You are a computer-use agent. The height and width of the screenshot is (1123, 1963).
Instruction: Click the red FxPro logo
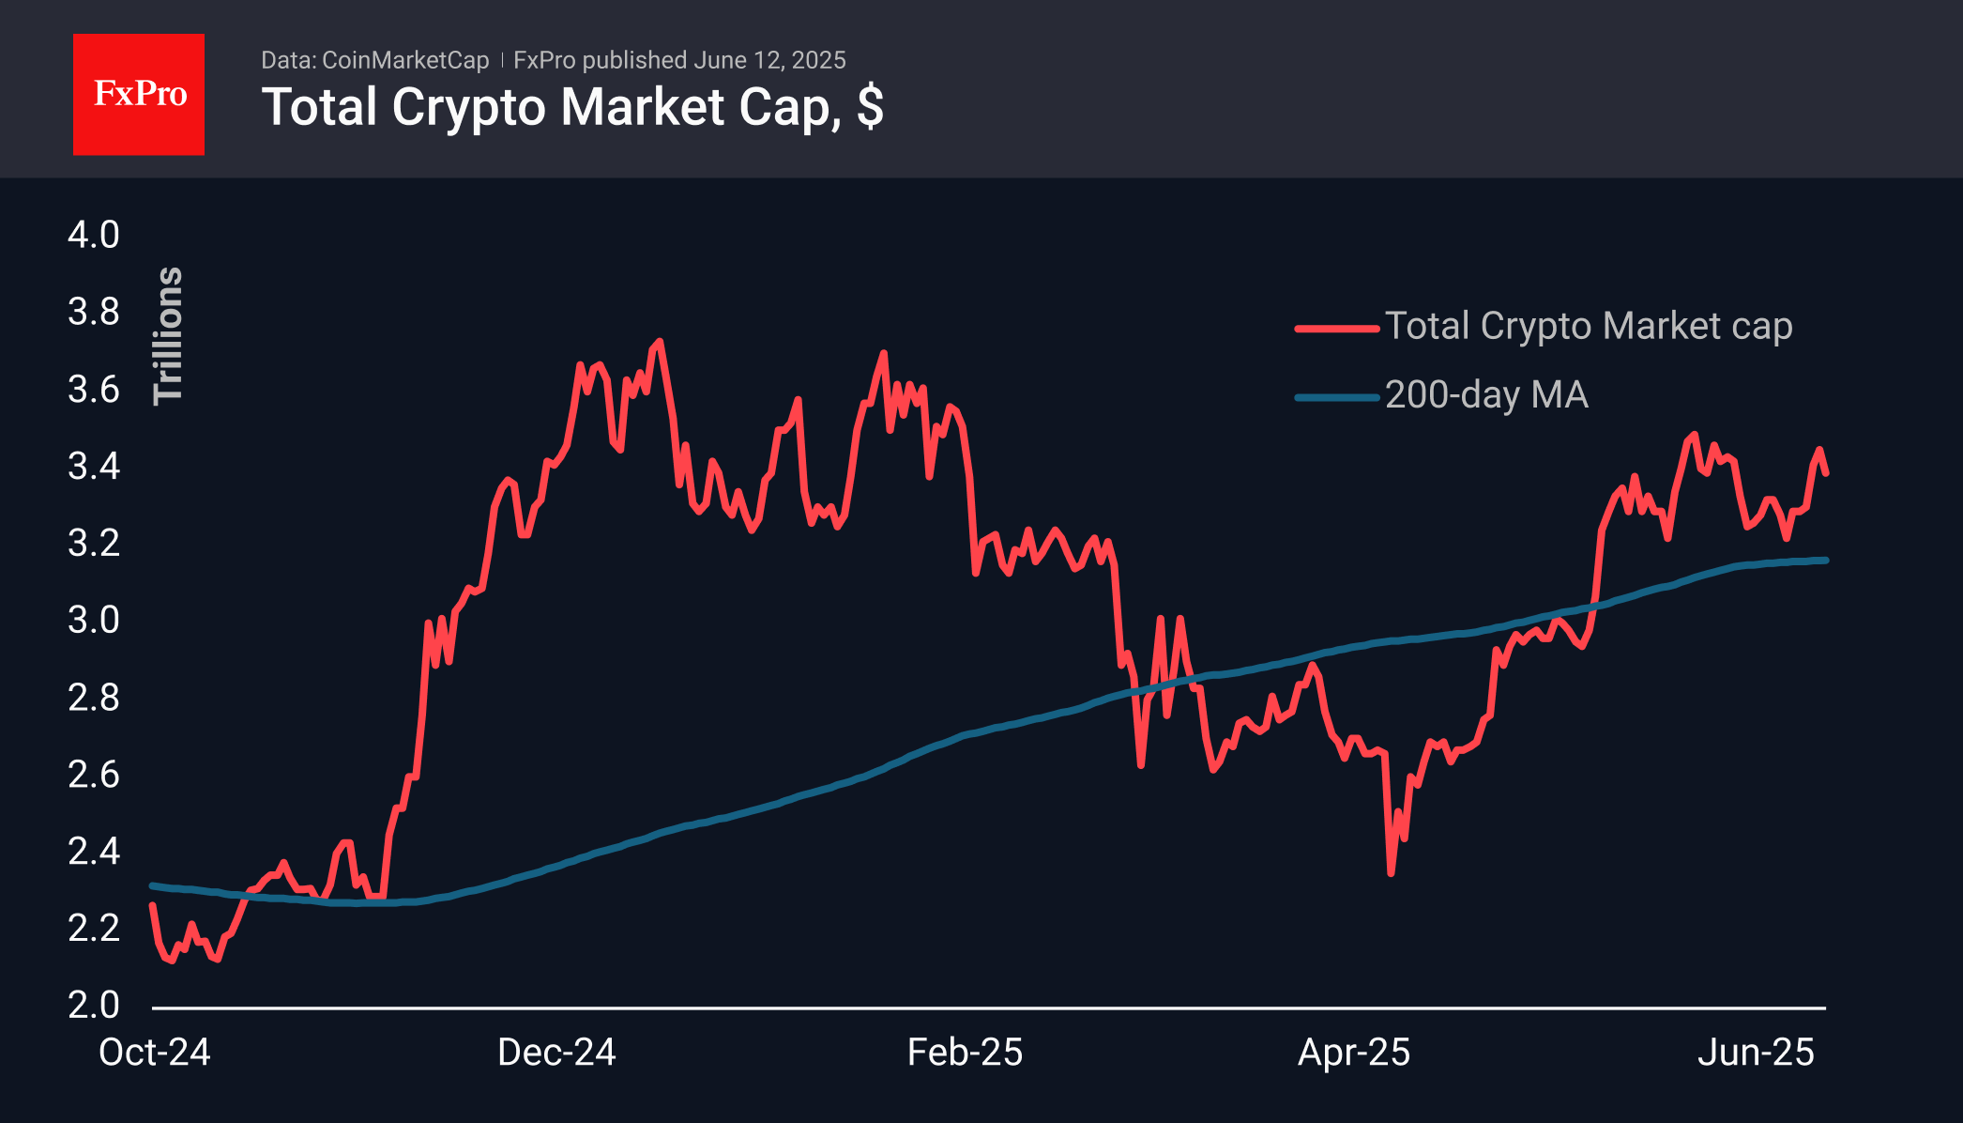tap(139, 94)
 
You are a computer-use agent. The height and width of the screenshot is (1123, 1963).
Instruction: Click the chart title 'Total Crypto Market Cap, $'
tap(572, 107)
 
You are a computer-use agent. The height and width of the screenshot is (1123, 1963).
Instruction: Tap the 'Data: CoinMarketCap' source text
tap(374, 60)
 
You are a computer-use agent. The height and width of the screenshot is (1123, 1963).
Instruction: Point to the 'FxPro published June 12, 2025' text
tap(679, 60)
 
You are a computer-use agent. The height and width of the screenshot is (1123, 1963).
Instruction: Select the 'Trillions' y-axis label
tap(168, 335)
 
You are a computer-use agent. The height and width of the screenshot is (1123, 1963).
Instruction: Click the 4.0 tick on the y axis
tap(94, 235)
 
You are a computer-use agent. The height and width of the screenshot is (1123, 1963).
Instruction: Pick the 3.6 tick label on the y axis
tap(94, 389)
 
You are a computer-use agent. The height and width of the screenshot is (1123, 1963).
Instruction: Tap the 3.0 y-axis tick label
tap(94, 620)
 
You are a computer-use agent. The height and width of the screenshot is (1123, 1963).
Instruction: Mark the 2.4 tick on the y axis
tap(94, 851)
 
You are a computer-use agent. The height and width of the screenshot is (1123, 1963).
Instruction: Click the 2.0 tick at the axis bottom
tap(94, 1005)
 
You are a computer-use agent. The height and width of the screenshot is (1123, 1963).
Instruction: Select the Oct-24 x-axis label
tap(155, 1053)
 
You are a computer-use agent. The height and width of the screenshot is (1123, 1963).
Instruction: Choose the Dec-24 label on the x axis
tap(556, 1053)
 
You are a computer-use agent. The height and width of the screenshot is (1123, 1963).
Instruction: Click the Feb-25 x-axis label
tap(965, 1053)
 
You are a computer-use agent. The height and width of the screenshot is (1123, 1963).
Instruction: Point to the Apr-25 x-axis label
tap(1354, 1053)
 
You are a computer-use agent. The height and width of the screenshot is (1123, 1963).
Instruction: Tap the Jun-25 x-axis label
tap(1756, 1053)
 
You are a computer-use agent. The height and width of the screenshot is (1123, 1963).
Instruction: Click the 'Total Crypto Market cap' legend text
tap(1589, 326)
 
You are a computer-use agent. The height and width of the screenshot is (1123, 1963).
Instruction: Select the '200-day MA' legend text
tap(1486, 394)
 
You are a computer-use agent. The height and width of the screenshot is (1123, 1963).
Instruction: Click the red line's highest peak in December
tap(660, 342)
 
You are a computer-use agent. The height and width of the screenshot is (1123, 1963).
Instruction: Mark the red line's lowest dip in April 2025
tap(1391, 873)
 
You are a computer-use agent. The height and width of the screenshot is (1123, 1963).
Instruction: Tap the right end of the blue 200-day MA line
tap(1825, 561)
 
